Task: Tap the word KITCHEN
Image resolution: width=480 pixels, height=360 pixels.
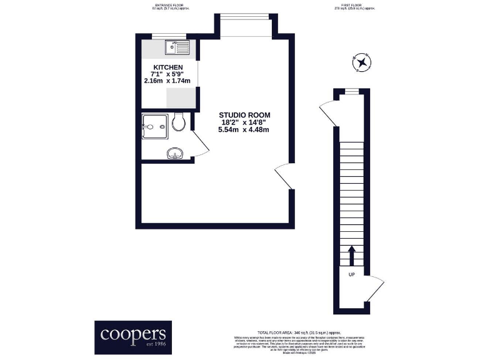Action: pos(168,67)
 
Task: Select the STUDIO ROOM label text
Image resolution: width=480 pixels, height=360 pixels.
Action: pos(244,115)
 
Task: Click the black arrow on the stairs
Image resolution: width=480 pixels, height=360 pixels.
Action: pos(351,254)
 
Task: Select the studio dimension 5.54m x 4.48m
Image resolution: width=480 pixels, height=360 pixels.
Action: pos(243,130)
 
